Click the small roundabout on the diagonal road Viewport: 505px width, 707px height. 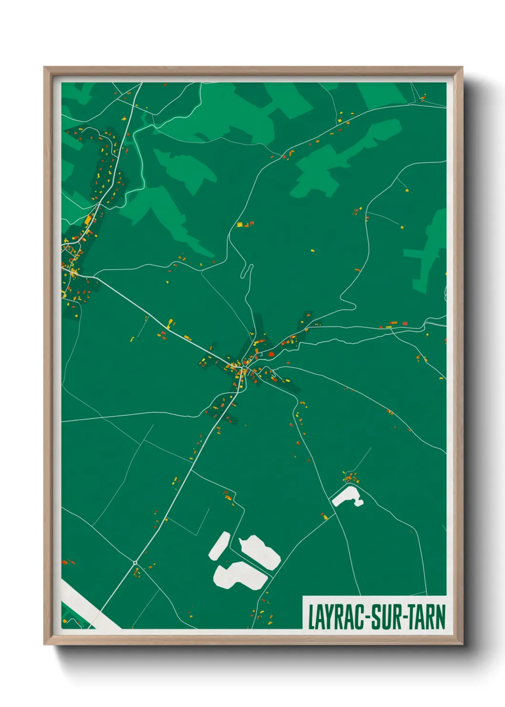click(135, 563)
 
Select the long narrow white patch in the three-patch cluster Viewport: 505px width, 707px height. click(219, 546)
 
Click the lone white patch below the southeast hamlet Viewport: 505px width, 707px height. click(347, 496)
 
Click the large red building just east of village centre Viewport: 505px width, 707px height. click(271, 354)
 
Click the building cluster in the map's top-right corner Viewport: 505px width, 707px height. click(422, 98)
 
